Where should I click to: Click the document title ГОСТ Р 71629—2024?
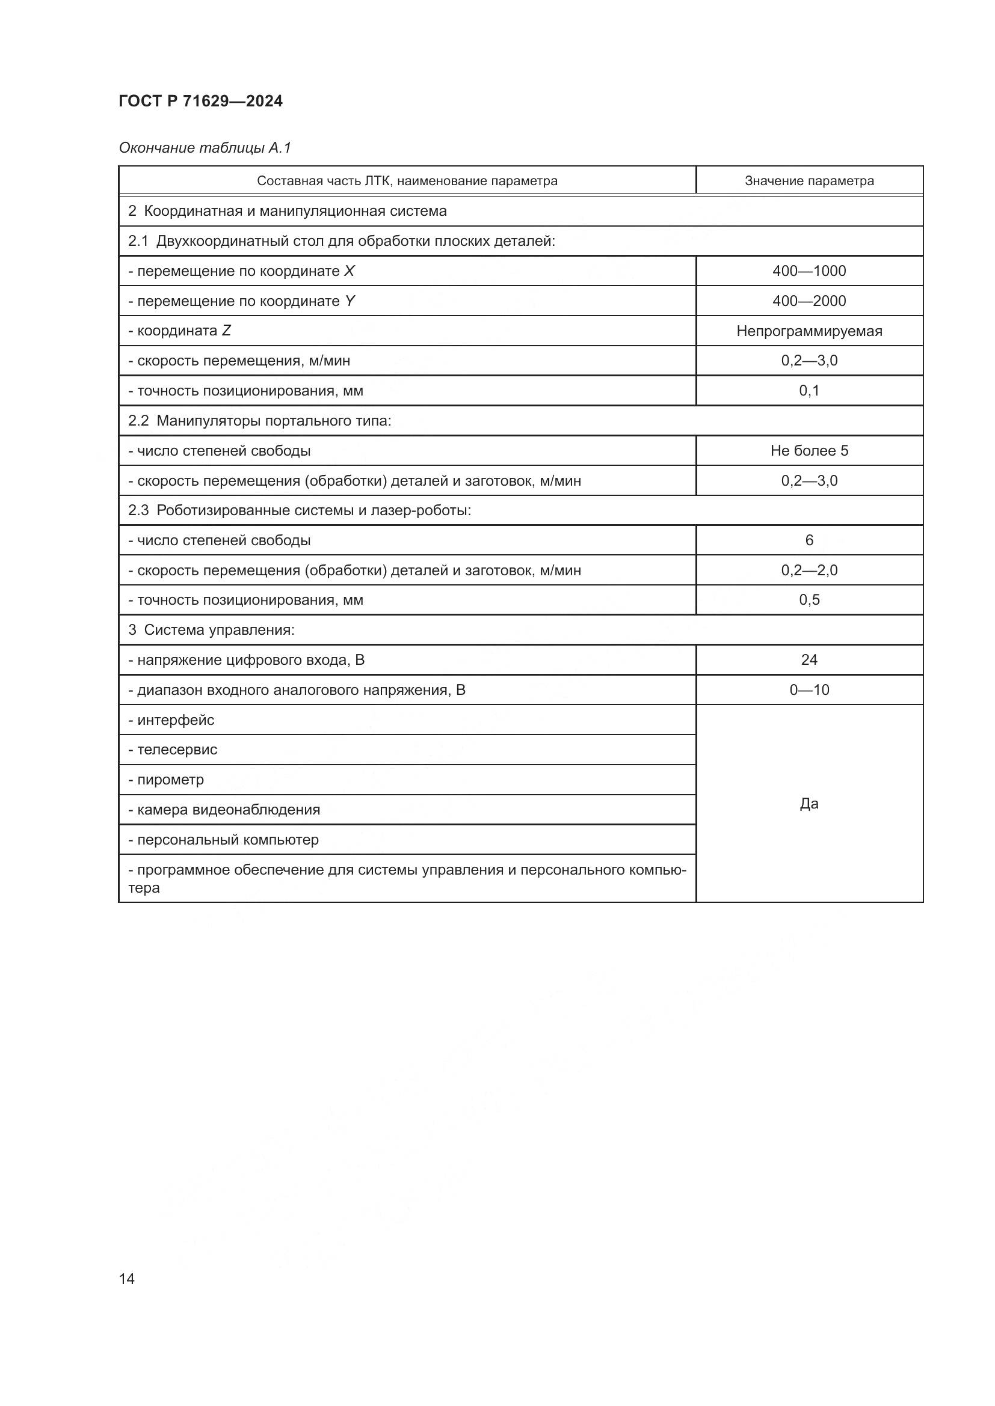pyautogui.click(x=200, y=101)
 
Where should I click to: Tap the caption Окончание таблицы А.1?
pyautogui.click(x=205, y=148)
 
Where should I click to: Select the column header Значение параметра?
pyautogui.click(x=809, y=181)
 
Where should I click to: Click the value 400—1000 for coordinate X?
pyautogui.click(x=809, y=271)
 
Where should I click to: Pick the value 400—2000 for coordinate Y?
pyautogui.click(x=809, y=301)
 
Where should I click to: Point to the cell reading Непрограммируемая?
pyautogui.click(x=809, y=331)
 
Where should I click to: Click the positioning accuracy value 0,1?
pyautogui.click(x=809, y=390)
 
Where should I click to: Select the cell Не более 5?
pyautogui.click(x=809, y=451)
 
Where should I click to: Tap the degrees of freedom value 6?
pyautogui.click(x=809, y=540)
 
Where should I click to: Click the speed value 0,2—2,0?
pyautogui.click(x=809, y=570)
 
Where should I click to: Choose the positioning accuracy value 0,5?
pyautogui.click(x=809, y=599)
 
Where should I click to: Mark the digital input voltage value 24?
pyautogui.click(x=809, y=659)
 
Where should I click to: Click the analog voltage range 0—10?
pyautogui.click(x=809, y=689)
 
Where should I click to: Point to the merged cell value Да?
pyautogui.click(x=809, y=804)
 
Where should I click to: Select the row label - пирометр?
pyautogui.click(x=166, y=780)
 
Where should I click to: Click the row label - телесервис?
pyautogui.click(x=173, y=750)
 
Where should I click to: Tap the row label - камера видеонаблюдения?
pyautogui.click(x=224, y=810)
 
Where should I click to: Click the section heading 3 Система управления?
pyautogui.click(x=211, y=629)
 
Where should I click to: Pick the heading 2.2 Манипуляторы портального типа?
pyautogui.click(x=260, y=421)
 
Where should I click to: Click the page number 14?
pyautogui.click(x=127, y=1279)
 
